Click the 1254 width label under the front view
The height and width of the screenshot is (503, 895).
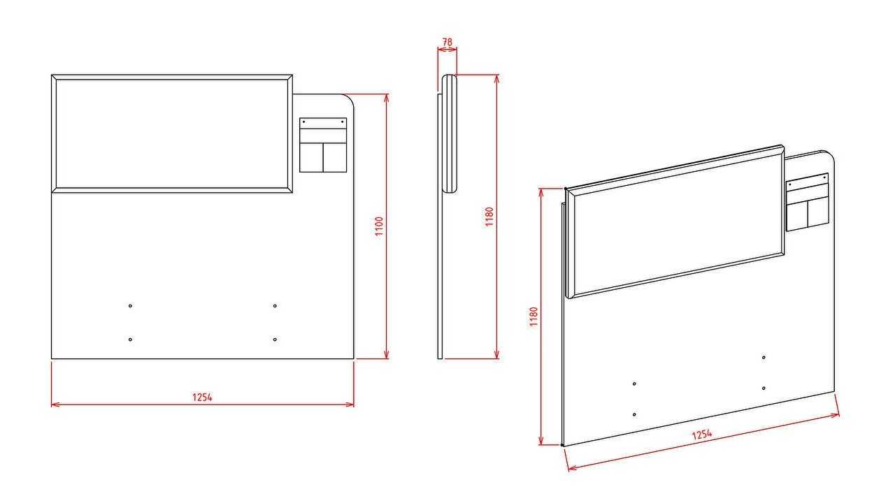coord(202,398)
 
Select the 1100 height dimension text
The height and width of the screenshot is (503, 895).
coord(379,226)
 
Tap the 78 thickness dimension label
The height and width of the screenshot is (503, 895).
coord(447,42)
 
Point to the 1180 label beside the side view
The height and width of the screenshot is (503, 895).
coord(489,217)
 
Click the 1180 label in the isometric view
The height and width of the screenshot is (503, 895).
coord(534,316)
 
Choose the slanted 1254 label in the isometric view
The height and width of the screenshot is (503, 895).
coord(702,435)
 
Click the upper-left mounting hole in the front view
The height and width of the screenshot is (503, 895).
coord(130,306)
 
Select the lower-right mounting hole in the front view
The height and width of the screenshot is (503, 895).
coord(275,340)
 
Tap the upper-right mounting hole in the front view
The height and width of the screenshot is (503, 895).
coord(275,306)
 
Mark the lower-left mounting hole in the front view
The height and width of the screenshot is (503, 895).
coord(130,340)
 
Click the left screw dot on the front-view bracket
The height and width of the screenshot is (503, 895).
coord(304,122)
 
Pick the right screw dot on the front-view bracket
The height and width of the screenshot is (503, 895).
coord(343,122)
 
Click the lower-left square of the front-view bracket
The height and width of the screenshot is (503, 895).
coord(311,158)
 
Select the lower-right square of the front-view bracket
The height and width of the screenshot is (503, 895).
coord(335,158)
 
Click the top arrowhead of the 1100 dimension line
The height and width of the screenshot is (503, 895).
coord(387,99)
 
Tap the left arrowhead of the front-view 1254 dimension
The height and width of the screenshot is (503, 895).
coord(55,404)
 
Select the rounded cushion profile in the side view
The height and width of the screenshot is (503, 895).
coord(449,133)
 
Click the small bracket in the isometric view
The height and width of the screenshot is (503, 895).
coord(808,202)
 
